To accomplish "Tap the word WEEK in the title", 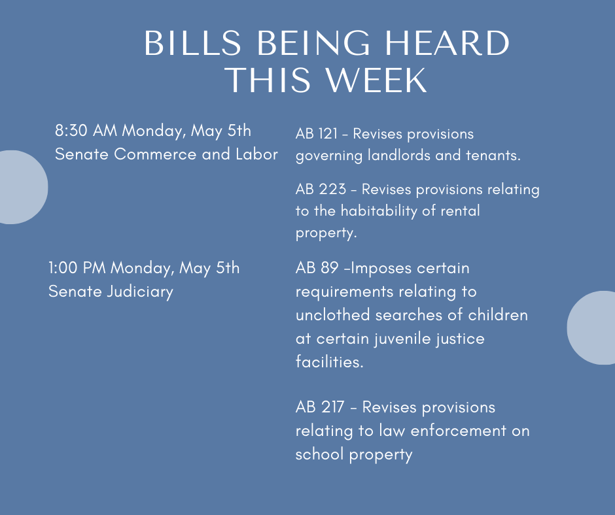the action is click(x=377, y=80).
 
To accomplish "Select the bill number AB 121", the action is click(x=316, y=133).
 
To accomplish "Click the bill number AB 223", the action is click(x=321, y=190).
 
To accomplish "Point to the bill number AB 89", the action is click(x=317, y=268).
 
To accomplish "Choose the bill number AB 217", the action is click(x=320, y=407).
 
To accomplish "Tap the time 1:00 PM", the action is click(x=77, y=268).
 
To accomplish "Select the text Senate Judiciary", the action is click(x=111, y=292).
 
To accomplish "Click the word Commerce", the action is click(x=155, y=154).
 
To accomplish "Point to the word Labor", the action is click(x=256, y=154).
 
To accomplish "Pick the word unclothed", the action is click(x=333, y=315).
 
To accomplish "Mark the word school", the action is click(x=320, y=454).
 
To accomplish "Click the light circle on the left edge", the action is click(x=22, y=187).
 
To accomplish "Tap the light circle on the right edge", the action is click(x=591, y=327).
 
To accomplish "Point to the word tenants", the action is click(x=493, y=155).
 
